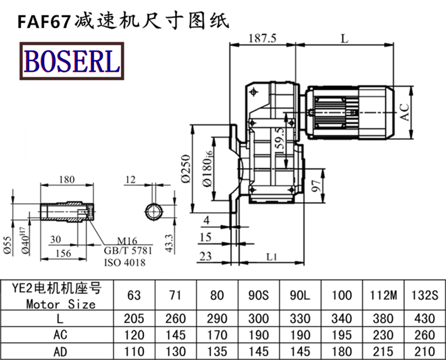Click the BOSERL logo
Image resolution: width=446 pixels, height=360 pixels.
click(71, 61)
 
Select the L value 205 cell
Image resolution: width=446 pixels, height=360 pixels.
click(134, 319)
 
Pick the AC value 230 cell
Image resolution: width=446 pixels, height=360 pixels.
click(386, 335)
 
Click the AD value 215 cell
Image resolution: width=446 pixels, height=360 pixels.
click(386, 352)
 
